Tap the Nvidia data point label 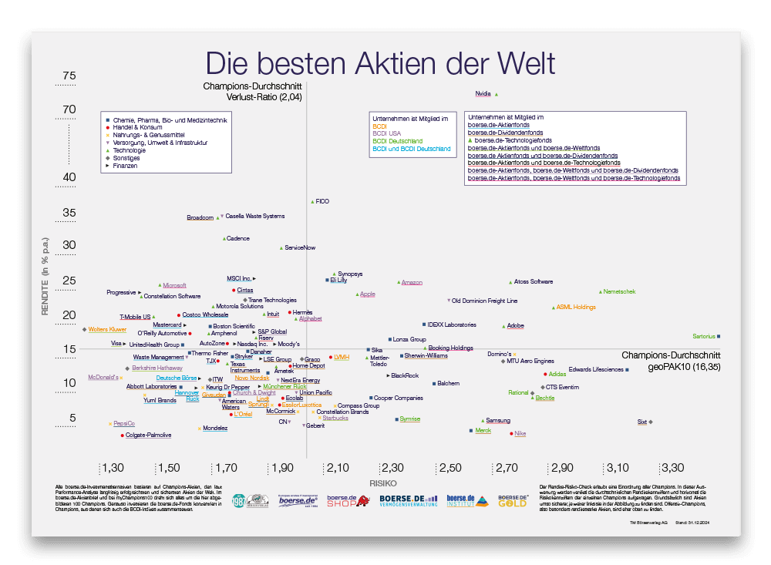click(x=483, y=94)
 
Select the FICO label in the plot click(x=322, y=201)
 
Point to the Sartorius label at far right click(x=703, y=336)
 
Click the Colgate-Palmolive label click(x=148, y=436)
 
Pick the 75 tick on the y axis click(x=69, y=76)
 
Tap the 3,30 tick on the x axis click(x=672, y=468)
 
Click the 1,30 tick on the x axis click(x=112, y=468)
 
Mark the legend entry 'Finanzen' click(x=125, y=166)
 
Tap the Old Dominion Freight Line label click(x=484, y=301)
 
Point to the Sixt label click(x=641, y=422)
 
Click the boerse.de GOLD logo click(x=512, y=501)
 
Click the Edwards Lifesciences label click(x=596, y=370)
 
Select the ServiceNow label click(x=300, y=248)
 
